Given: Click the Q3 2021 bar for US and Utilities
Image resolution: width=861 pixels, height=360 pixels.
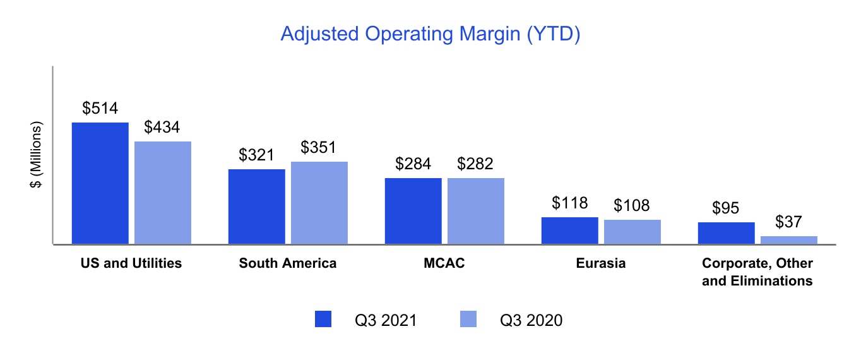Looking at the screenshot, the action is pyautogui.click(x=100, y=183).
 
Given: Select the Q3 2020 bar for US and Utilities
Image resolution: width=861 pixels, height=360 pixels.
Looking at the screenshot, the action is pyautogui.click(x=163, y=193).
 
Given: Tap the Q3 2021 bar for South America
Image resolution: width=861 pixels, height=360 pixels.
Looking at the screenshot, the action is pyautogui.click(x=257, y=207).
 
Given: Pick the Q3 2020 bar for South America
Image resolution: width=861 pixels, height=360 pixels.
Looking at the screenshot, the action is pyautogui.click(x=319, y=203).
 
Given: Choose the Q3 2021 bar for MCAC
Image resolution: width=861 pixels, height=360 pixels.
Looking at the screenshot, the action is pyautogui.click(x=413, y=211).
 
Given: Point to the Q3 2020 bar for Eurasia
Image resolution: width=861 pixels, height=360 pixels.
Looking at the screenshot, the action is pyautogui.click(x=632, y=232).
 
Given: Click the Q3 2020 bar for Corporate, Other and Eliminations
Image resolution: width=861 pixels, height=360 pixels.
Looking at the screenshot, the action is pyautogui.click(x=789, y=240).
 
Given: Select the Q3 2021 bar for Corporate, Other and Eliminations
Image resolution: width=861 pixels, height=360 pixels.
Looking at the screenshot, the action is pyautogui.click(x=727, y=233).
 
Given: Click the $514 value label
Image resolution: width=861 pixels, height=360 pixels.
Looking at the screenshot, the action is pyautogui.click(x=100, y=108).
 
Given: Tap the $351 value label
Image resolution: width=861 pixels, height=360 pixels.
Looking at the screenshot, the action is pyautogui.click(x=318, y=147).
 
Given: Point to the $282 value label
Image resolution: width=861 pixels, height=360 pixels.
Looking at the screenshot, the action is pyautogui.click(x=475, y=164).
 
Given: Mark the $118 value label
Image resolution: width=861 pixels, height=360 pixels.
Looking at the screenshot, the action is pyautogui.click(x=569, y=203).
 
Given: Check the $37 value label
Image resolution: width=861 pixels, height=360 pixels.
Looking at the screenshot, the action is pyautogui.click(x=788, y=222).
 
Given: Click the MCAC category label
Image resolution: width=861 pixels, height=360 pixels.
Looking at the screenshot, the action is pyautogui.click(x=444, y=263).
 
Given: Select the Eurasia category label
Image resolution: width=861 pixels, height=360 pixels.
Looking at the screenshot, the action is pyautogui.click(x=601, y=263).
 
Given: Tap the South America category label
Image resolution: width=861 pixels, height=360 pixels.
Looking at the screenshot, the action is pyautogui.click(x=287, y=263).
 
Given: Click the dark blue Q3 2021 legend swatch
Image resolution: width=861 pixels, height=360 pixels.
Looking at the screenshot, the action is pyautogui.click(x=323, y=319).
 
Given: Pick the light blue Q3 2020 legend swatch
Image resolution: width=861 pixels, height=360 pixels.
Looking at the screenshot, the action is pyautogui.click(x=468, y=319).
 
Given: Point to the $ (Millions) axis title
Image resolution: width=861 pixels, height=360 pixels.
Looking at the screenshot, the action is pyautogui.click(x=36, y=155).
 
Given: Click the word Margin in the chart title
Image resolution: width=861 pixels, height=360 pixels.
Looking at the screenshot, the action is pyautogui.click(x=490, y=34).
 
